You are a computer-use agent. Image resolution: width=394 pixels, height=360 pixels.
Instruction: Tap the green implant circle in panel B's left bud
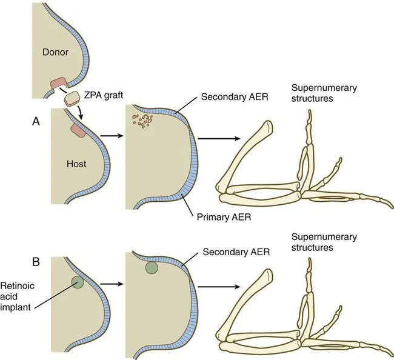tap(77, 282)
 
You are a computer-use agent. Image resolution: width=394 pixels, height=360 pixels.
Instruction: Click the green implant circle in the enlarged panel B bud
tap(151, 267)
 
